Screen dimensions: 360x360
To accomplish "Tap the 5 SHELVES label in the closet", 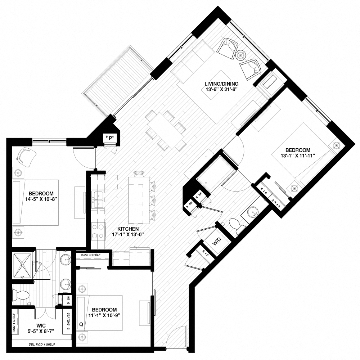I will pyautogui.click(x=69, y=323).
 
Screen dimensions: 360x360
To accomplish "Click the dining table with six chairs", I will pyautogui.click(x=166, y=130).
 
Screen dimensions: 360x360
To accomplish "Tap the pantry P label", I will pyautogui.click(x=109, y=138).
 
